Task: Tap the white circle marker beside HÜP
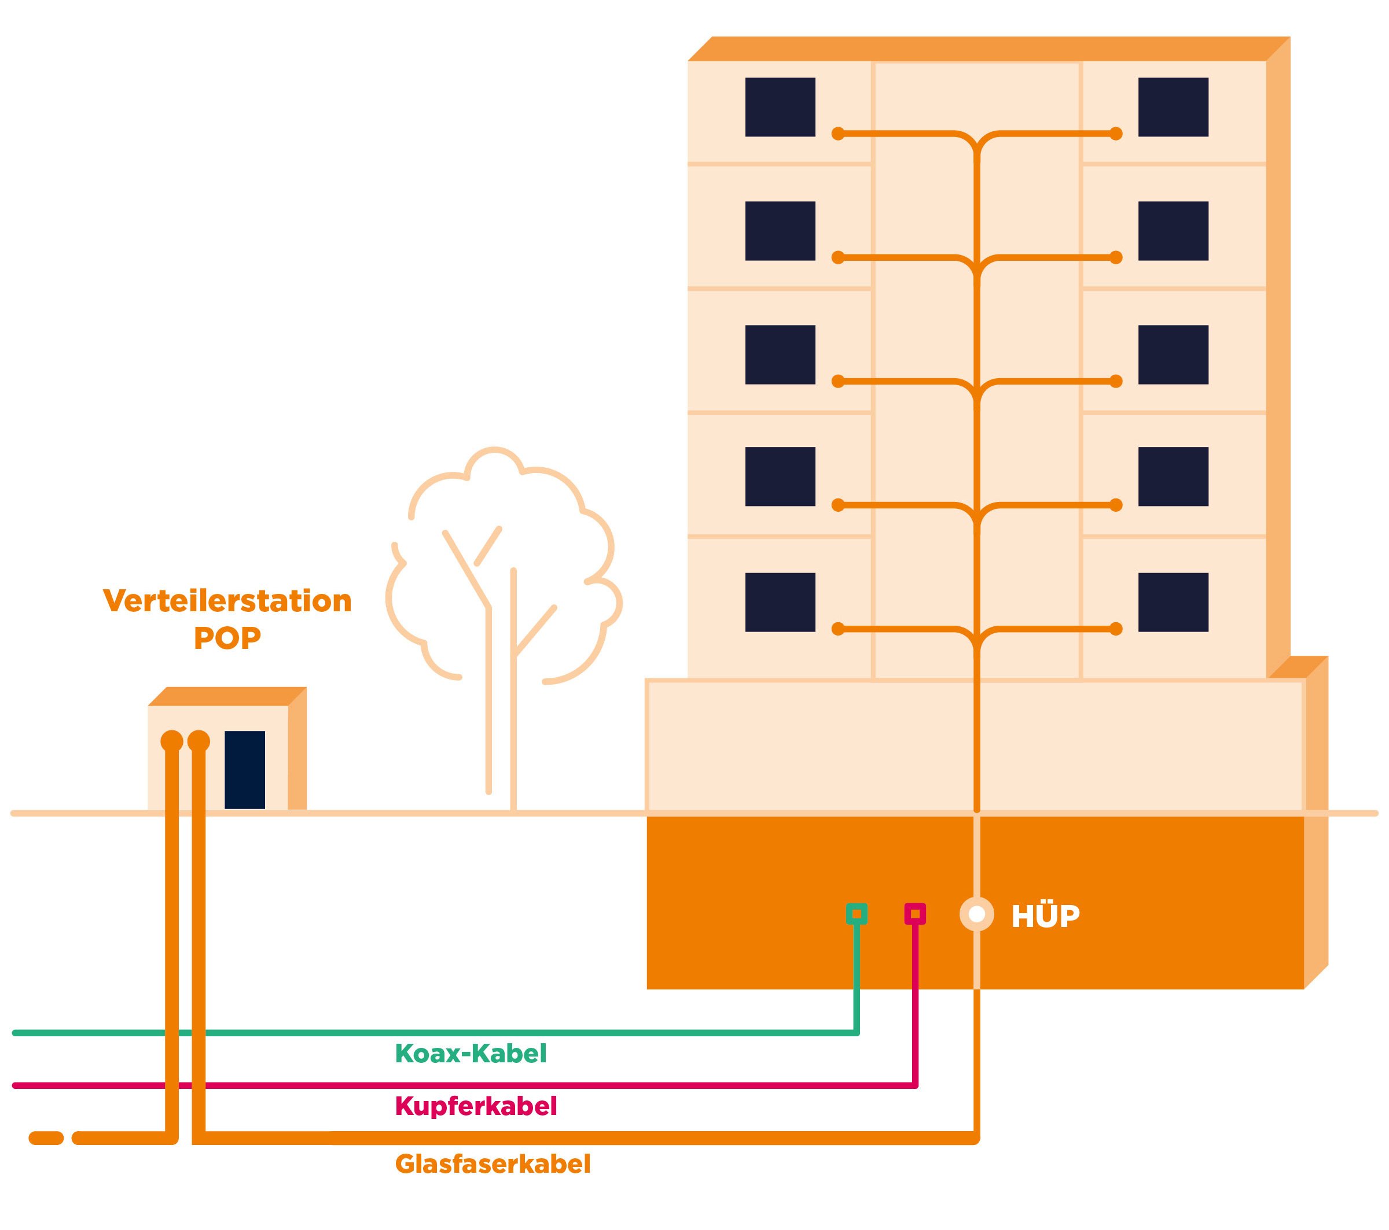[x=976, y=914]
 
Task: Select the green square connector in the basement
[x=857, y=914]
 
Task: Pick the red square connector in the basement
[x=914, y=914]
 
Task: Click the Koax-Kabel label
[x=471, y=1054]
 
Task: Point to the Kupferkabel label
[x=476, y=1106]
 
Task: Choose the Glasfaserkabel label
[x=493, y=1164]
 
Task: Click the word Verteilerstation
[x=227, y=601]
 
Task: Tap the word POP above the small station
[x=227, y=638]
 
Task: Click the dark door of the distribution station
[x=245, y=770]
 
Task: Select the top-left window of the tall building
[x=780, y=108]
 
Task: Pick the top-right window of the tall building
[x=1173, y=108]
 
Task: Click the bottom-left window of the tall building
[x=780, y=603]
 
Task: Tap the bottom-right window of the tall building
[x=1173, y=603]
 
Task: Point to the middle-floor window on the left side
[x=780, y=354]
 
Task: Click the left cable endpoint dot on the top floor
[x=838, y=134]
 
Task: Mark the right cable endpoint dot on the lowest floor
[x=1115, y=630]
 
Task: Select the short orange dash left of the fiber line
[x=46, y=1138]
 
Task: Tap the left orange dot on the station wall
[x=171, y=740]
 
